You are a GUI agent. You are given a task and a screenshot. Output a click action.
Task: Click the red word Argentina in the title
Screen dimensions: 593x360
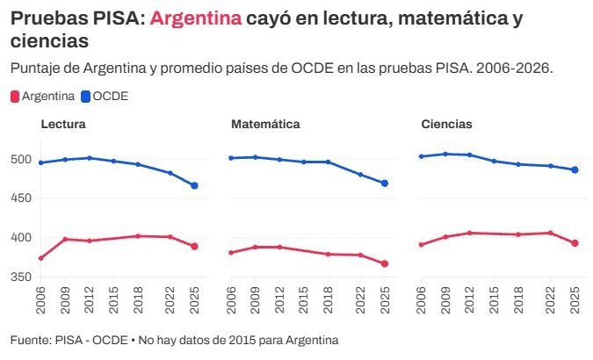pos(196,18)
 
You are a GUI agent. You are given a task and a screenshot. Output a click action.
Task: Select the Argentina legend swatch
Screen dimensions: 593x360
pos(15,97)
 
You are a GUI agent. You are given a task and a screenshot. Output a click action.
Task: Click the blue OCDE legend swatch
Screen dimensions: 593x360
pos(86,97)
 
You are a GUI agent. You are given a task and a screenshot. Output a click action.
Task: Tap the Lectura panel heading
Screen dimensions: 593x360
pos(63,124)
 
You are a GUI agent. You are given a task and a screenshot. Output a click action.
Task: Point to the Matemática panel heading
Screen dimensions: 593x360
pos(265,124)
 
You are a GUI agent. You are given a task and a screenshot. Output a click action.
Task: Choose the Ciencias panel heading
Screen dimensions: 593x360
pos(446,124)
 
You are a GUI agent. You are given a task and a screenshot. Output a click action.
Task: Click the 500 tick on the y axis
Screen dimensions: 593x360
pos(21,159)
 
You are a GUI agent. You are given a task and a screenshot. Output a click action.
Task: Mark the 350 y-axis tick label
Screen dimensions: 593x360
pos(21,277)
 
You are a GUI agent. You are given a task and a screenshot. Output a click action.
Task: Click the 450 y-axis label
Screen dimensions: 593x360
pos(21,198)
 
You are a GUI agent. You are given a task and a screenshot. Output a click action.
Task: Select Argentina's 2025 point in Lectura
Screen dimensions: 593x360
pos(194,247)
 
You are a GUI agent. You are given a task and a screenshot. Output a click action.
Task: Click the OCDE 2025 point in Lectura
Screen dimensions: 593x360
pos(194,185)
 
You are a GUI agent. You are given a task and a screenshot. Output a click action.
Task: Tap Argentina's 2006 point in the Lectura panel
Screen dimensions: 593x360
pos(40,258)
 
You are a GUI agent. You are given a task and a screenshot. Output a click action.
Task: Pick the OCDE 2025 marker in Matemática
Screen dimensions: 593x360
pos(385,184)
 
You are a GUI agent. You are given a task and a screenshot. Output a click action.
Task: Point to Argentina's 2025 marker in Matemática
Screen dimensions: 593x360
pos(385,264)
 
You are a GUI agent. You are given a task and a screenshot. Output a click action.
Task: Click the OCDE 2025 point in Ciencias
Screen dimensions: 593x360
pos(575,170)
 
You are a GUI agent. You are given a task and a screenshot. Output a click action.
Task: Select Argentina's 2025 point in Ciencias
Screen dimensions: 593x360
pos(575,243)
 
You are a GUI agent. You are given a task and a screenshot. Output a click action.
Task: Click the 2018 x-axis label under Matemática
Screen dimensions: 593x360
pos(329,300)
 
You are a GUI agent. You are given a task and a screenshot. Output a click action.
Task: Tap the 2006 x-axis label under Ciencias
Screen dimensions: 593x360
pos(421,300)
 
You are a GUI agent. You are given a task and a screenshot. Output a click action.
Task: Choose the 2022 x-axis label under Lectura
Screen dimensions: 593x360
pos(170,300)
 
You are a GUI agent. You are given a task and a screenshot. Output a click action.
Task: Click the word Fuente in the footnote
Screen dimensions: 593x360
pos(31,341)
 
